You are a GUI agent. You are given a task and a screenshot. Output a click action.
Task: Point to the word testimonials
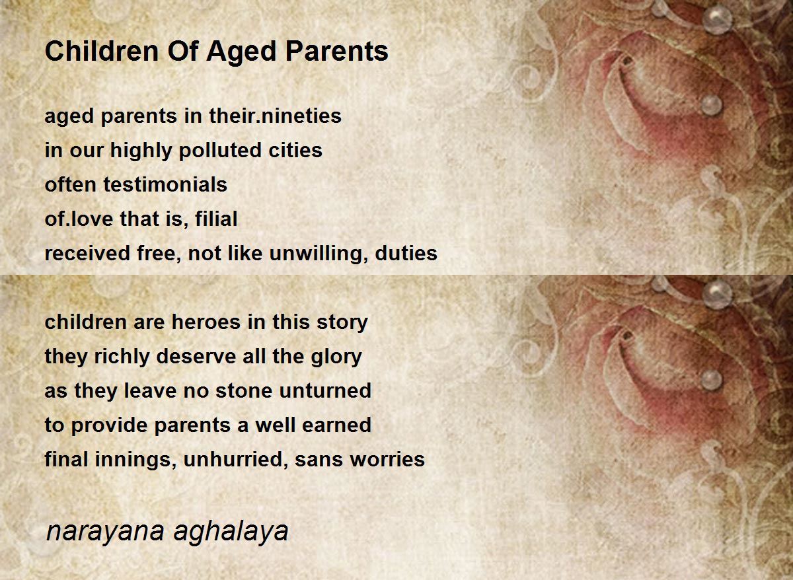165,184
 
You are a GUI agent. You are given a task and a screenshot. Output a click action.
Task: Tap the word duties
406,253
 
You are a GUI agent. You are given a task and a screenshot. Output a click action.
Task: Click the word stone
245,391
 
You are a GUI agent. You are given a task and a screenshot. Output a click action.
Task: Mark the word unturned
325,391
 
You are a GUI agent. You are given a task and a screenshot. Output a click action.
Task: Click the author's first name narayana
105,532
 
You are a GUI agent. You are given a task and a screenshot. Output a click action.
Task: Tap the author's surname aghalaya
231,532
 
